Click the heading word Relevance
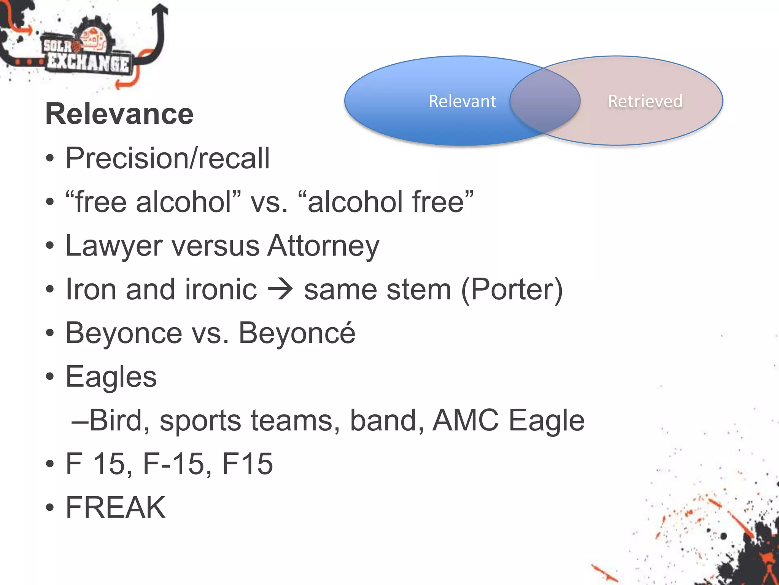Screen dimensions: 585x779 [x=119, y=114]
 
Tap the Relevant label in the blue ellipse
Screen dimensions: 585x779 [x=462, y=101]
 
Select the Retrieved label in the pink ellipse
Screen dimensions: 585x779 [x=645, y=101]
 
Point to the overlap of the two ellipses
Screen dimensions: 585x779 [x=545, y=101]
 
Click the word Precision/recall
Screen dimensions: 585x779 [x=167, y=158]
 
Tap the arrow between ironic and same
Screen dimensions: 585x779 [x=280, y=290]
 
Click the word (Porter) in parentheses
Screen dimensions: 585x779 [x=512, y=290]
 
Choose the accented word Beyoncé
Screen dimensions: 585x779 [x=297, y=333]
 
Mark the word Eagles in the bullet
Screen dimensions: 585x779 [x=111, y=377]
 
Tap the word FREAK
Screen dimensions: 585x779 [x=116, y=508]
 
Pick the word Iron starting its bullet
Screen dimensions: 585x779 [x=91, y=290]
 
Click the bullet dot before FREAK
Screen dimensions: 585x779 [x=50, y=508]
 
